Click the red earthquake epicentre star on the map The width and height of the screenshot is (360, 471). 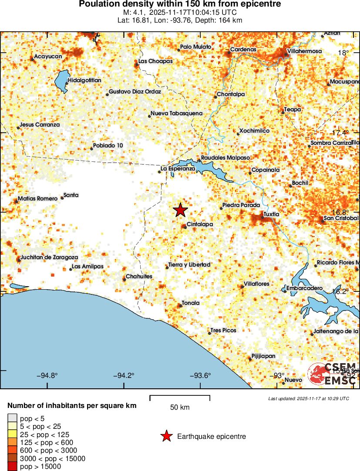[180, 210]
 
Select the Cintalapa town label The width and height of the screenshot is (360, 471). [199, 224]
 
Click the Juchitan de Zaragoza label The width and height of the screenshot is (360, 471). [49, 257]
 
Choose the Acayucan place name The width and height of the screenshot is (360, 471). [48, 57]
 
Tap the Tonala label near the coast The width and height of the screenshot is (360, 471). [191, 303]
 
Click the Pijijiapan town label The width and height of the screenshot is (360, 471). [264, 356]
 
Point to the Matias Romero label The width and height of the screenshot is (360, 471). [38, 199]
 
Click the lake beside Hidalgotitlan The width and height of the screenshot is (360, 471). [61, 81]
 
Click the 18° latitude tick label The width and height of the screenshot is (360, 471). [343, 53]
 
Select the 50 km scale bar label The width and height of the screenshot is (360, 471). [180, 408]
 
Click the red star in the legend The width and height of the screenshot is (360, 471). [166, 436]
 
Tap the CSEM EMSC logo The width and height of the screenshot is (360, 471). [333, 374]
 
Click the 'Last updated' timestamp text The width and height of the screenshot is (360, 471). [308, 398]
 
